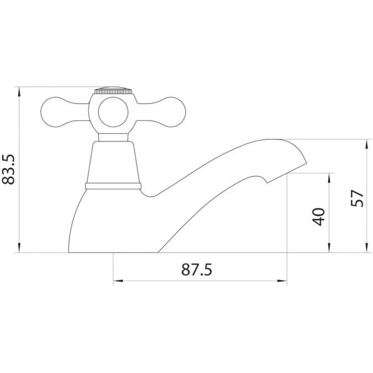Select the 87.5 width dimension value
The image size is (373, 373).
pyautogui.click(x=197, y=270)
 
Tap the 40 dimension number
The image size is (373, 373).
pyautogui.click(x=318, y=216)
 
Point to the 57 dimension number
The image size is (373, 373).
pyautogui.click(x=358, y=197)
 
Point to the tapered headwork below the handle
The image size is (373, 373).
pyautogui.click(x=113, y=161)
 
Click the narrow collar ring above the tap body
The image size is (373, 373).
pyautogui.click(x=113, y=185)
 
